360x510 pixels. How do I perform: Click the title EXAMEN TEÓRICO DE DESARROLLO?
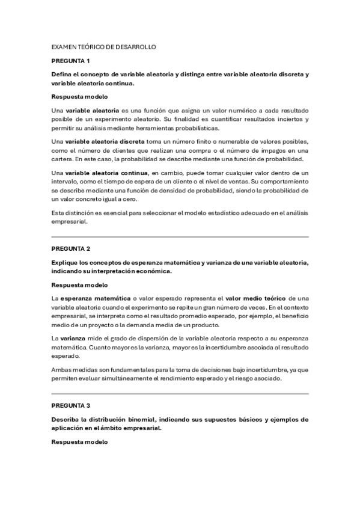104,46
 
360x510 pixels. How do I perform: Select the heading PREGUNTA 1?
70,61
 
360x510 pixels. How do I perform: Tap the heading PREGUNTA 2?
70,248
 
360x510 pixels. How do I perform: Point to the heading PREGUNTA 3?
70,405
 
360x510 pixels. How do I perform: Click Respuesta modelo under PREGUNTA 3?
79,442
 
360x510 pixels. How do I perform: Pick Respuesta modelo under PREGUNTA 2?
79,285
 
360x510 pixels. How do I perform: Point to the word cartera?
63,159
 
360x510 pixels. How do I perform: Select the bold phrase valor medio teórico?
255,298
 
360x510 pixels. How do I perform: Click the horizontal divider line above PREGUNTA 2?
180,237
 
